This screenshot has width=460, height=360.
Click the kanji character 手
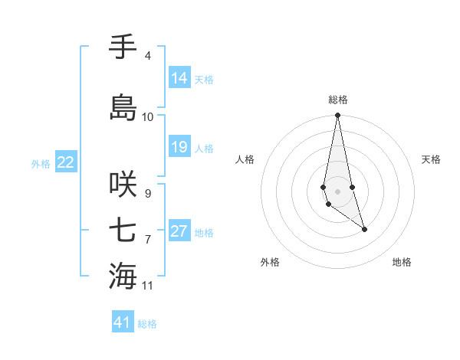point(123,47)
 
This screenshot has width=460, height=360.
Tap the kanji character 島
point(123,106)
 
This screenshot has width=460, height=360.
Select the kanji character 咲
point(123,184)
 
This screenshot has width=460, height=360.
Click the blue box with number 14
point(179,78)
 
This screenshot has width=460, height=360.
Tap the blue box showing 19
point(179,147)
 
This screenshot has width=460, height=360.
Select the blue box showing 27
point(179,231)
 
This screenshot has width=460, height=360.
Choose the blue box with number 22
point(66,162)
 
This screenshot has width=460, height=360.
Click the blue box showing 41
point(123,322)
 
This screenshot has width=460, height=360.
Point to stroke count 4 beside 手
point(147,56)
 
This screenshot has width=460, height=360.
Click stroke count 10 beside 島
point(148,116)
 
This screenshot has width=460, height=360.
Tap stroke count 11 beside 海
point(148,286)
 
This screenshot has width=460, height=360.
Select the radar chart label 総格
point(338,100)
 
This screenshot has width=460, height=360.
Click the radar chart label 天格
point(432,159)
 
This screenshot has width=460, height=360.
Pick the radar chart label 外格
point(270,262)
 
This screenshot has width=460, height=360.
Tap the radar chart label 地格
point(402,262)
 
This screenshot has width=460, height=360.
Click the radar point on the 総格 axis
point(337,116)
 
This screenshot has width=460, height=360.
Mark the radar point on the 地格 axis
point(364,229)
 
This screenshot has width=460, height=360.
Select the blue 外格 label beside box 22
point(41,163)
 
